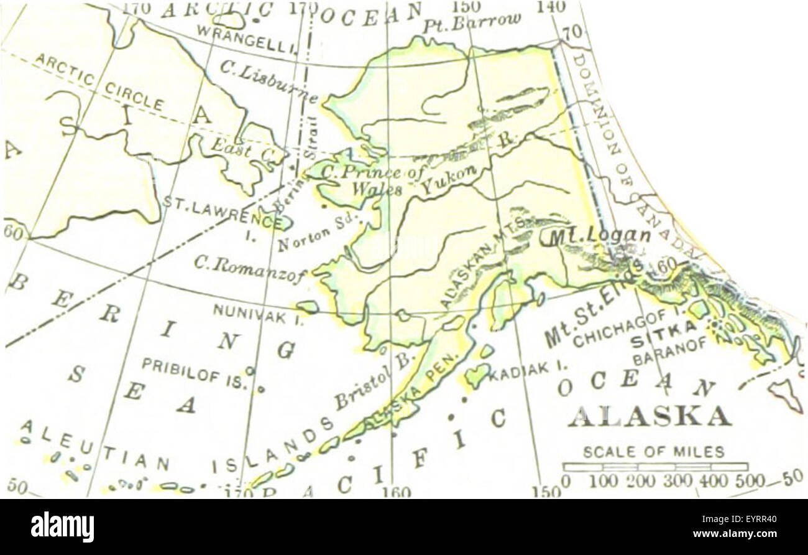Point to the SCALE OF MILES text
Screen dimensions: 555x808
(653, 452)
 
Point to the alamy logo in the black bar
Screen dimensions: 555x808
(63, 526)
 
